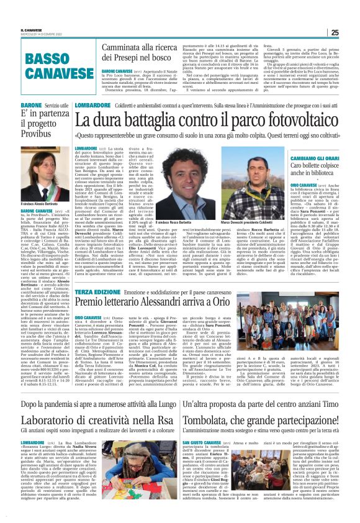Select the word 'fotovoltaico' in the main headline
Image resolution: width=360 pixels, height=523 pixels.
point(285,122)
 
